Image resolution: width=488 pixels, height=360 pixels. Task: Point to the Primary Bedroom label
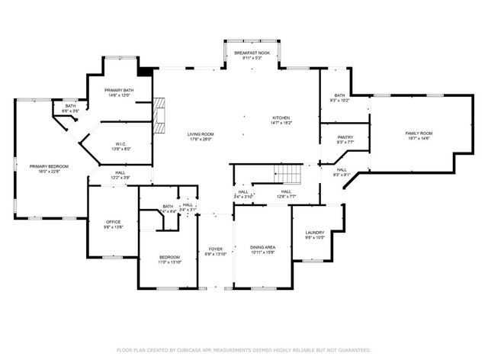tap(49, 166)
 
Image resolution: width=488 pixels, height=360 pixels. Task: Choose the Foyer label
tap(216, 249)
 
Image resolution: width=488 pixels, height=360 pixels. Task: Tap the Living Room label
tap(201, 134)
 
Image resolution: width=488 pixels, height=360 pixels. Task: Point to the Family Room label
tap(418, 133)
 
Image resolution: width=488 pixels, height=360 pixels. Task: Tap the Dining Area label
tap(262, 247)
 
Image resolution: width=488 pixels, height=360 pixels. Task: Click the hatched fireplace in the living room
tap(159, 114)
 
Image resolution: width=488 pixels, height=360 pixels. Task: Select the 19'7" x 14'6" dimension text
tap(418, 138)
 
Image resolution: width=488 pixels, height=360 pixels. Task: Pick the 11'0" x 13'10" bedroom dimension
tap(169, 262)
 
